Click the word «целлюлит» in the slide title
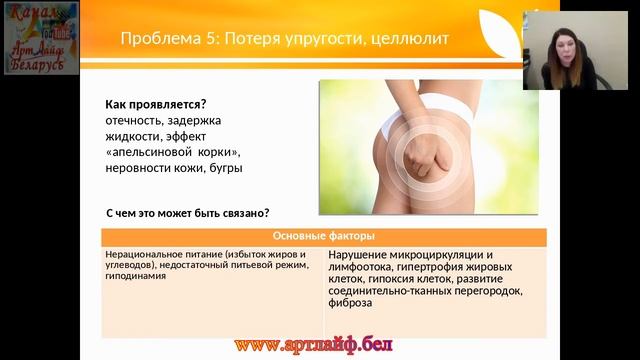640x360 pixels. pos(402,38)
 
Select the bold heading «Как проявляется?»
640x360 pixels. pos(155,105)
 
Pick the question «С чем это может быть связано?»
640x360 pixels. pos(188,214)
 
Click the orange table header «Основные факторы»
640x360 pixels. pos(324,237)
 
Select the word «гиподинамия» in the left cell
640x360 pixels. pos(133,276)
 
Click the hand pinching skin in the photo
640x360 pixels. pos(420,160)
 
